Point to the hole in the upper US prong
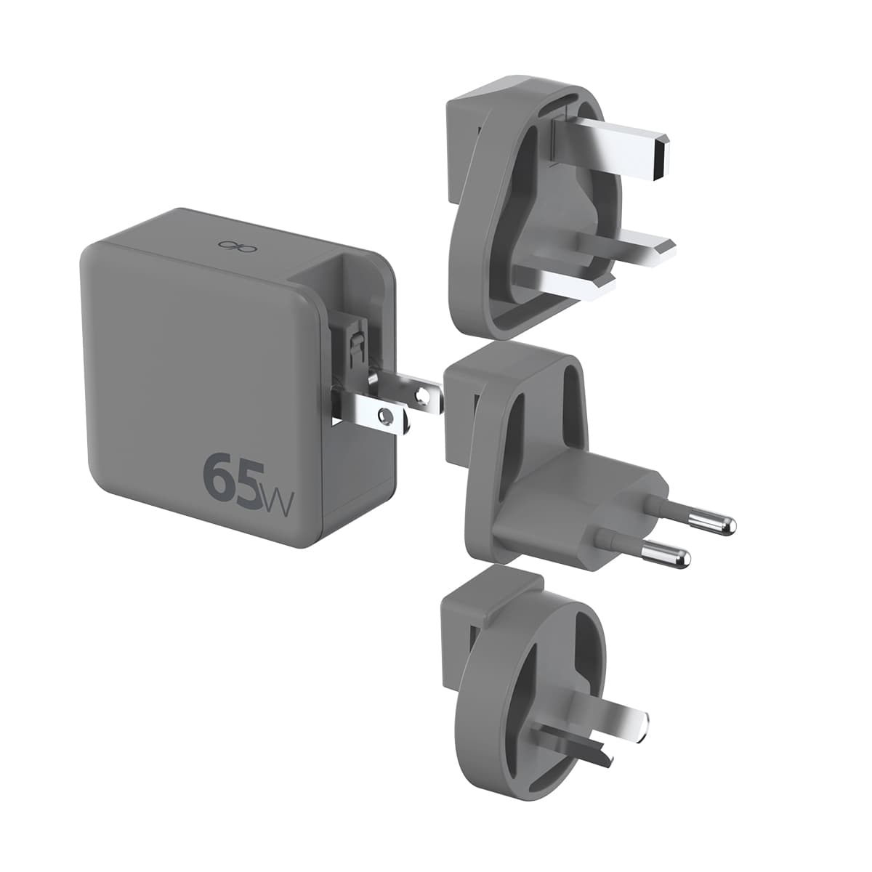(x=419, y=396)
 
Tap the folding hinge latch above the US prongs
(x=355, y=349)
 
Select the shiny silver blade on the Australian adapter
(x=610, y=714)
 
